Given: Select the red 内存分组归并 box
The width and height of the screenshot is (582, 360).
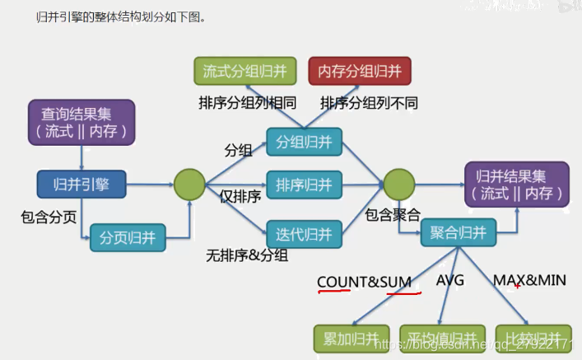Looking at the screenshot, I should point(360,71).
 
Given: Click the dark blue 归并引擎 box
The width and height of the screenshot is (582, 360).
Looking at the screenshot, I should point(81,184).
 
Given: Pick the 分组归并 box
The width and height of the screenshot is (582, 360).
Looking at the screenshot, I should point(304,142).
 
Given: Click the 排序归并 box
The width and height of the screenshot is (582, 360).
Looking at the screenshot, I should point(304,185).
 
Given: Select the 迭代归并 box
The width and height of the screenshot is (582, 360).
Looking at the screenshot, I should point(304,234).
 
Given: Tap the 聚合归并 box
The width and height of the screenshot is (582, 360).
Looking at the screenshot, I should point(459,234).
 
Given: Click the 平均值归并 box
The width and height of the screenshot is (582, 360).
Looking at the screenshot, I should point(438,339).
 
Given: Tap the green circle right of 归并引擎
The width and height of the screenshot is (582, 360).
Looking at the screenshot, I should point(189,184).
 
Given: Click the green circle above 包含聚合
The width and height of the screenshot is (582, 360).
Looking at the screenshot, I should point(398,184).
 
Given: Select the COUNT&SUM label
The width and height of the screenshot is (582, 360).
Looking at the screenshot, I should point(364,282).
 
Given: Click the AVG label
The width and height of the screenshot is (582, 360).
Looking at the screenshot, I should point(450,280).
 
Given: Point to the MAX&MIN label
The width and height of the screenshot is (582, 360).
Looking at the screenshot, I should point(529,280).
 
